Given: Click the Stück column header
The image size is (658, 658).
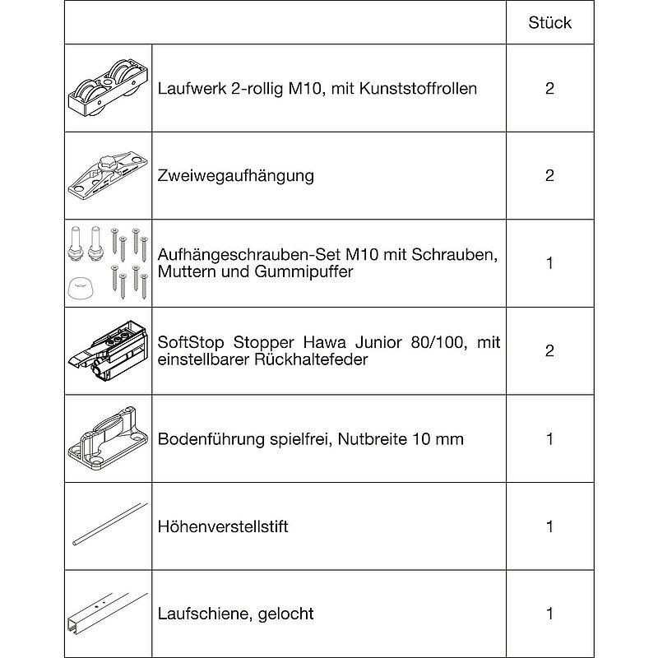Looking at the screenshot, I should [x=550, y=22].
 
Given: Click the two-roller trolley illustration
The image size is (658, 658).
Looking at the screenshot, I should [x=108, y=89].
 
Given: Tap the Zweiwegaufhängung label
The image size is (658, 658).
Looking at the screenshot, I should [x=235, y=176].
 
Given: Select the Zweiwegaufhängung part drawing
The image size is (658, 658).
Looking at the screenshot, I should [x=108, y=174].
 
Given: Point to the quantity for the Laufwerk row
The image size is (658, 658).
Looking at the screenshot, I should [x=550, y=89].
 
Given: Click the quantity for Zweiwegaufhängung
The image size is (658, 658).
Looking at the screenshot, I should [x=550, y=176].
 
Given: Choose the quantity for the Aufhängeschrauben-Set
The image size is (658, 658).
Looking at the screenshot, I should [x=550, y=263].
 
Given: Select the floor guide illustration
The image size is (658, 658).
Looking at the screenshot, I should [x=108, y=438].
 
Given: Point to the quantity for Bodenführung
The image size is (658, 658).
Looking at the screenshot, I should [x=550, y=438].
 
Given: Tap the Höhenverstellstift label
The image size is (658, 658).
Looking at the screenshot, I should [x=222, y=526].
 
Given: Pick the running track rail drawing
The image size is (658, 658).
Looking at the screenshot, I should [x=108, y=614].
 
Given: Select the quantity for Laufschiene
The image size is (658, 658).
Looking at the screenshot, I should [x=550, y=614].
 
